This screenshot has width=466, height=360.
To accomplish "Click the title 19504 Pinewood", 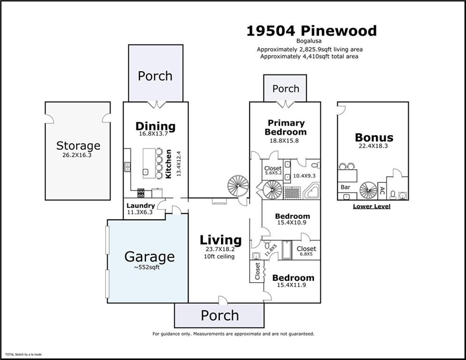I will [x=311, y=31].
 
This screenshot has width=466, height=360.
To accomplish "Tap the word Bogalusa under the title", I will [x=311, y=41].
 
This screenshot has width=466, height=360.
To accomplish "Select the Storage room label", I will [x=78, y=146].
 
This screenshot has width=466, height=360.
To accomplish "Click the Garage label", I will [x=149, y=256].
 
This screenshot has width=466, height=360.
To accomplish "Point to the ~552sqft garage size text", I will [x=149, y=267].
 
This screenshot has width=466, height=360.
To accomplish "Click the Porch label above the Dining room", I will [x=155, y=76].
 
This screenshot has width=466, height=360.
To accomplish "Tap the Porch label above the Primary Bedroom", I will [x=286, y=89].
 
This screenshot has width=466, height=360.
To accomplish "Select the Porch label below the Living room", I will [x=220, y=315].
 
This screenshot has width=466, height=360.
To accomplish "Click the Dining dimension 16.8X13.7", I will [x=155, y=134].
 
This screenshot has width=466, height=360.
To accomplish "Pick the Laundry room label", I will [x=141, y=205].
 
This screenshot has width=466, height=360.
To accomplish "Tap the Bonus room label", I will [x=374, y=137].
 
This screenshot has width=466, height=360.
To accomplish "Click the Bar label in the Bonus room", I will [x=346, y=187].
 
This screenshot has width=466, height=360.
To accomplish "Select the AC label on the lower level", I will [x=382, y=191].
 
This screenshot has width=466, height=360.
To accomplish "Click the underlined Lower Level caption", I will [x=371, y=206].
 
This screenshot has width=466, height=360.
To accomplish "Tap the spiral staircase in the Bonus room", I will [x=368, y=190].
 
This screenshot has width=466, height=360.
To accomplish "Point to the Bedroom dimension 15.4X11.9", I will [x=293, y=285].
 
